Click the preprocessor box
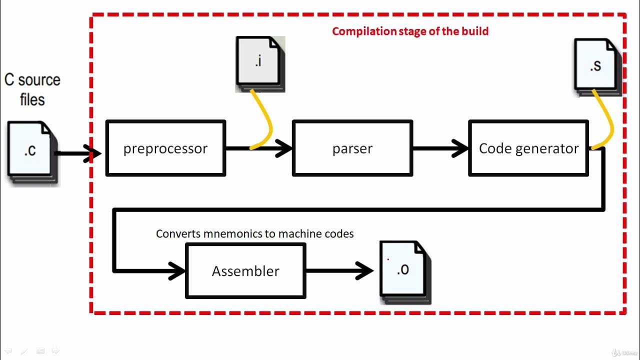tap(165, 148)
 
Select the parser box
tap(352, 148)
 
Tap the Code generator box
tap(528, 148)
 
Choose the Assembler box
tap(245, 270)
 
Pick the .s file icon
tap(596, 65)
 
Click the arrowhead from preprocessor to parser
tap(284, 148)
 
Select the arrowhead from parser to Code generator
tap(460, 148)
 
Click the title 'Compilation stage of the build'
tap(410, 31)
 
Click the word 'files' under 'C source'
tap(32, 99)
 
